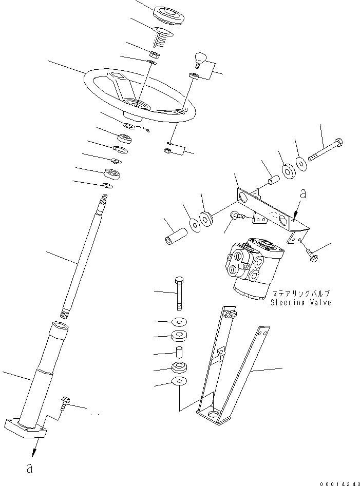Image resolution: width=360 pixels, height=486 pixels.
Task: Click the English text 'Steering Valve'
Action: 300,303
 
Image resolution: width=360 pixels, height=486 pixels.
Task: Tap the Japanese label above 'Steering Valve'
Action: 300,294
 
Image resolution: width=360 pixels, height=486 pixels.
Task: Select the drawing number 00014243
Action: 336,482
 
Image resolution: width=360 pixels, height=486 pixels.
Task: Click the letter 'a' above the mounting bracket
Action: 303,194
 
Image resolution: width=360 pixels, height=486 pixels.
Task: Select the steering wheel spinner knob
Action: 199,57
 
